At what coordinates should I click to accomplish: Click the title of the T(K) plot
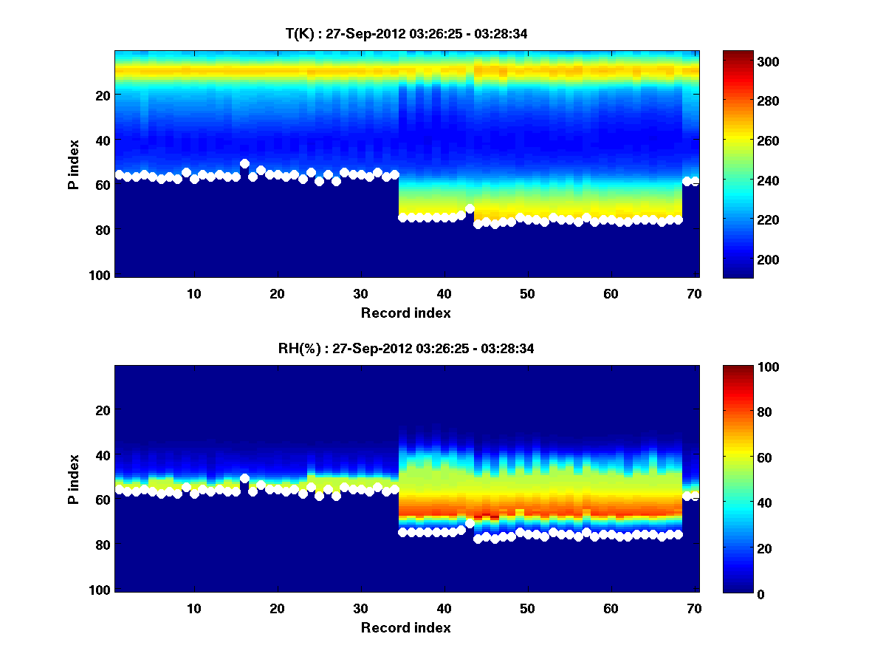[x=407, y=33]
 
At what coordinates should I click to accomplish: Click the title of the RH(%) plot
[x=407, y=348]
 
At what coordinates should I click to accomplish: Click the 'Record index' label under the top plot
[x=406, y=313]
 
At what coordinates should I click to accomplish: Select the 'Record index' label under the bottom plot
[x=406, y=627]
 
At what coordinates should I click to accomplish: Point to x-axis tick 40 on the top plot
[x=444, y=293]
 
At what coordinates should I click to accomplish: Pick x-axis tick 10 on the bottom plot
[x=193, y=608]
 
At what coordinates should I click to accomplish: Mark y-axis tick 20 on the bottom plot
[x=103, y=410]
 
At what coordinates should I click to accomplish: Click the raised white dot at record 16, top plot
[x=244, y=163]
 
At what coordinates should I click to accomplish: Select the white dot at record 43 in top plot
[x=470, y=208]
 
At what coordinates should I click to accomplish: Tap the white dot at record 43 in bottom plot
[x=470, y=523]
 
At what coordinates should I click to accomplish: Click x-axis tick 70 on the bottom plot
[x=694, y=608]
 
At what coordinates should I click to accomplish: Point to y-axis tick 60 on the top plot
[x=103, y=185]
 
